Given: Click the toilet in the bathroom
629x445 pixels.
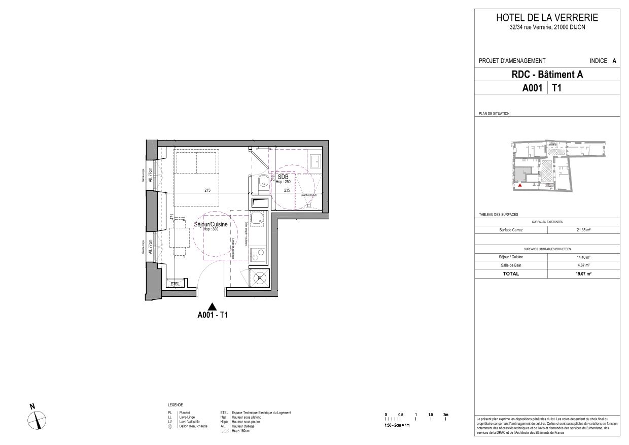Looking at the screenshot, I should pos(262,184).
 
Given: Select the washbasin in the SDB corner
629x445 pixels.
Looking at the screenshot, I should pos(314,161).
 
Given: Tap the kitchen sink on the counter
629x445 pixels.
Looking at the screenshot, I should pos(258,219).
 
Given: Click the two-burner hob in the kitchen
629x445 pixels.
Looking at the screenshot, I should pos(259,254).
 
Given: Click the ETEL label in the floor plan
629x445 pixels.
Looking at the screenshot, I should pos(174,284).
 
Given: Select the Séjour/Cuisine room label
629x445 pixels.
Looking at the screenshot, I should pos(210,224).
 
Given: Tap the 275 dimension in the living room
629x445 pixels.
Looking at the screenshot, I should pos(207,191).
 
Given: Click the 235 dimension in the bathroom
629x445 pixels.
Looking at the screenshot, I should pos(287,191).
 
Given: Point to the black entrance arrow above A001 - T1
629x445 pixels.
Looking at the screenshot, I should pos(213,306).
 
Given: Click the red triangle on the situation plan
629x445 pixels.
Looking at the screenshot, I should pos(519,186).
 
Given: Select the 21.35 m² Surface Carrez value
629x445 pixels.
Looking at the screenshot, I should pos(584,230).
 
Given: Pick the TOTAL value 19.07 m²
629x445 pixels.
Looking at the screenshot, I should pos(584,273).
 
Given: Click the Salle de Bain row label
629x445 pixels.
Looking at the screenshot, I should pos(511,265).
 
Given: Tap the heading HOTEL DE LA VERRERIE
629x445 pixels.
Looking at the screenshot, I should pos(547,18).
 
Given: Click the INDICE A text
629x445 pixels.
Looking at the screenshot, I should pos(603,61).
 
